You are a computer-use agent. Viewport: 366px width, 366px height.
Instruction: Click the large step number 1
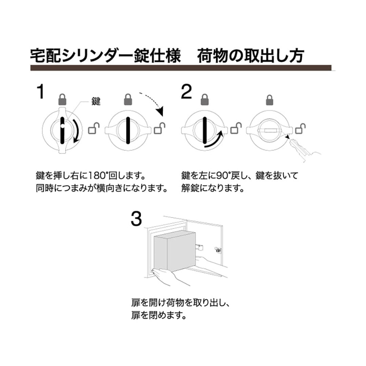pyautogui.click(x=40, y=92)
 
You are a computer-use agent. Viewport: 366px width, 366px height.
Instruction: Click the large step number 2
pyautogui.click(x=186, y=92)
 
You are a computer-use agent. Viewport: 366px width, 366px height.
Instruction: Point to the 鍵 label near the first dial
pyautogui.click(x=96, y=101)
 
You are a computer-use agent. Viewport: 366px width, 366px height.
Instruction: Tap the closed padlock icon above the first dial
pyautogui.click(x=62, y=100)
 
